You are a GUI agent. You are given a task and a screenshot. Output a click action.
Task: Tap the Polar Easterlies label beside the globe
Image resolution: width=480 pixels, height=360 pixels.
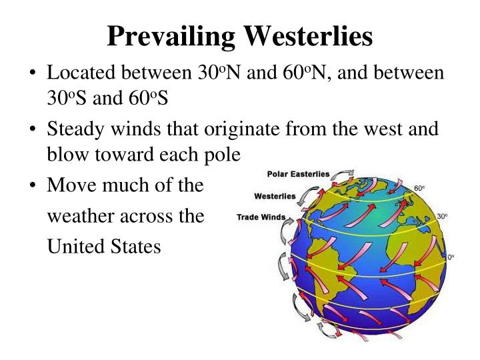click(298, 175)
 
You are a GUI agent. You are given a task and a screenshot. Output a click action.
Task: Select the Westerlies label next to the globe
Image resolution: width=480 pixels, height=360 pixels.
click(275, 197)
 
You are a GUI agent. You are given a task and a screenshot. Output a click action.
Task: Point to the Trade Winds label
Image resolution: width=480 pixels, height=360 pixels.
click(261, 217)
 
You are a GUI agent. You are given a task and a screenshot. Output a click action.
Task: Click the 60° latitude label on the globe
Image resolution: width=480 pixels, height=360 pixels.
click(419, 189)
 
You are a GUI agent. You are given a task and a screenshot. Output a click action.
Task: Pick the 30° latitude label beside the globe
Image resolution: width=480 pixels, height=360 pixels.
click(442, 217)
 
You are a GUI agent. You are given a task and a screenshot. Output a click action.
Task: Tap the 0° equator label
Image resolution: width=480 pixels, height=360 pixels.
click(451, 257)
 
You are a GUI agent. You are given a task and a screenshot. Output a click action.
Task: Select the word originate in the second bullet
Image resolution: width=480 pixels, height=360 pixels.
click(265, 129)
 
